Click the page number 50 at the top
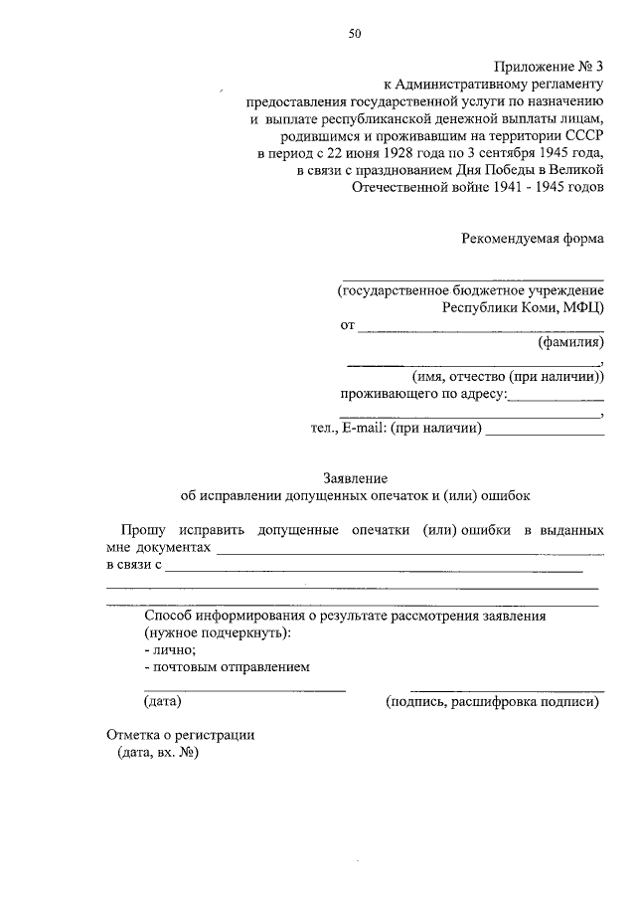pos(355,33)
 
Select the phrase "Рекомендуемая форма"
pos(533,238)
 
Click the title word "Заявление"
pos(354,478)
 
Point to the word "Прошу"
pos(145,530)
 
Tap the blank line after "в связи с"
pos(374,570)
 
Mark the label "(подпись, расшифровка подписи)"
pos(493,701)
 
